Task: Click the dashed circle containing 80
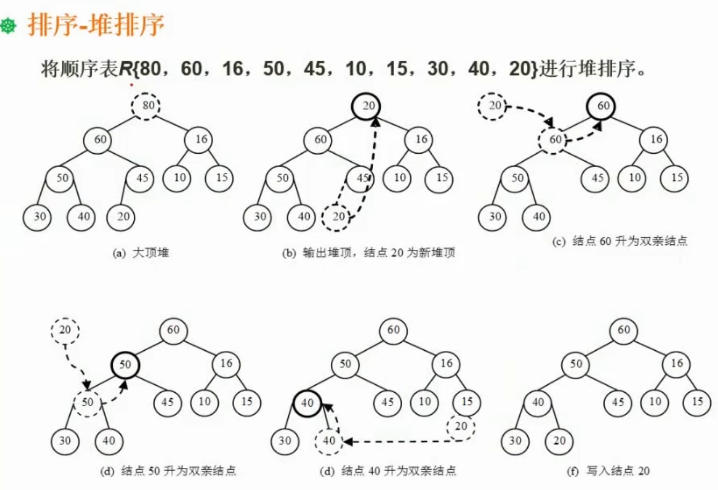click(146, 105)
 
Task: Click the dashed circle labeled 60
click(554, 140)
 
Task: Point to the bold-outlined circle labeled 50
click(125, 365)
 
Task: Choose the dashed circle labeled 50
click(87, 402)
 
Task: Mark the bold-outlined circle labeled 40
click(307, 402)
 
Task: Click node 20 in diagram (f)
click(559, 441)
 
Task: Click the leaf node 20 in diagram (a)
click(122, 217)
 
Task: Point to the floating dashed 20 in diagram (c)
click(492, 106)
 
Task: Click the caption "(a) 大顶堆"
click(141, 253)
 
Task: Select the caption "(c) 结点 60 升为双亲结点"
click(619, 241)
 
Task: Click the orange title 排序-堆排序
click(96, 25)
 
